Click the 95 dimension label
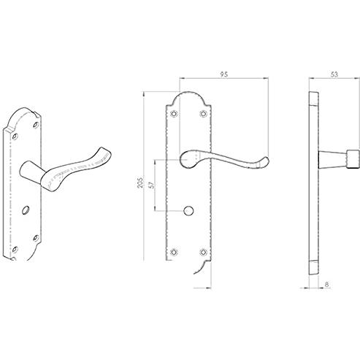(224, 74)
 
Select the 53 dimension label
(334, 74)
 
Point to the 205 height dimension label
(140, 182)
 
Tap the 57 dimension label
(152, 185)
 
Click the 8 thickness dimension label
(326, 284)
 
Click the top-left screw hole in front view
(174, 113)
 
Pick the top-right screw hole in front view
(204, 113)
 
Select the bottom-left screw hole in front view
(174, 252)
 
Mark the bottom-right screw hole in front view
(204, 252)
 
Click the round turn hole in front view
(188, 211)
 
